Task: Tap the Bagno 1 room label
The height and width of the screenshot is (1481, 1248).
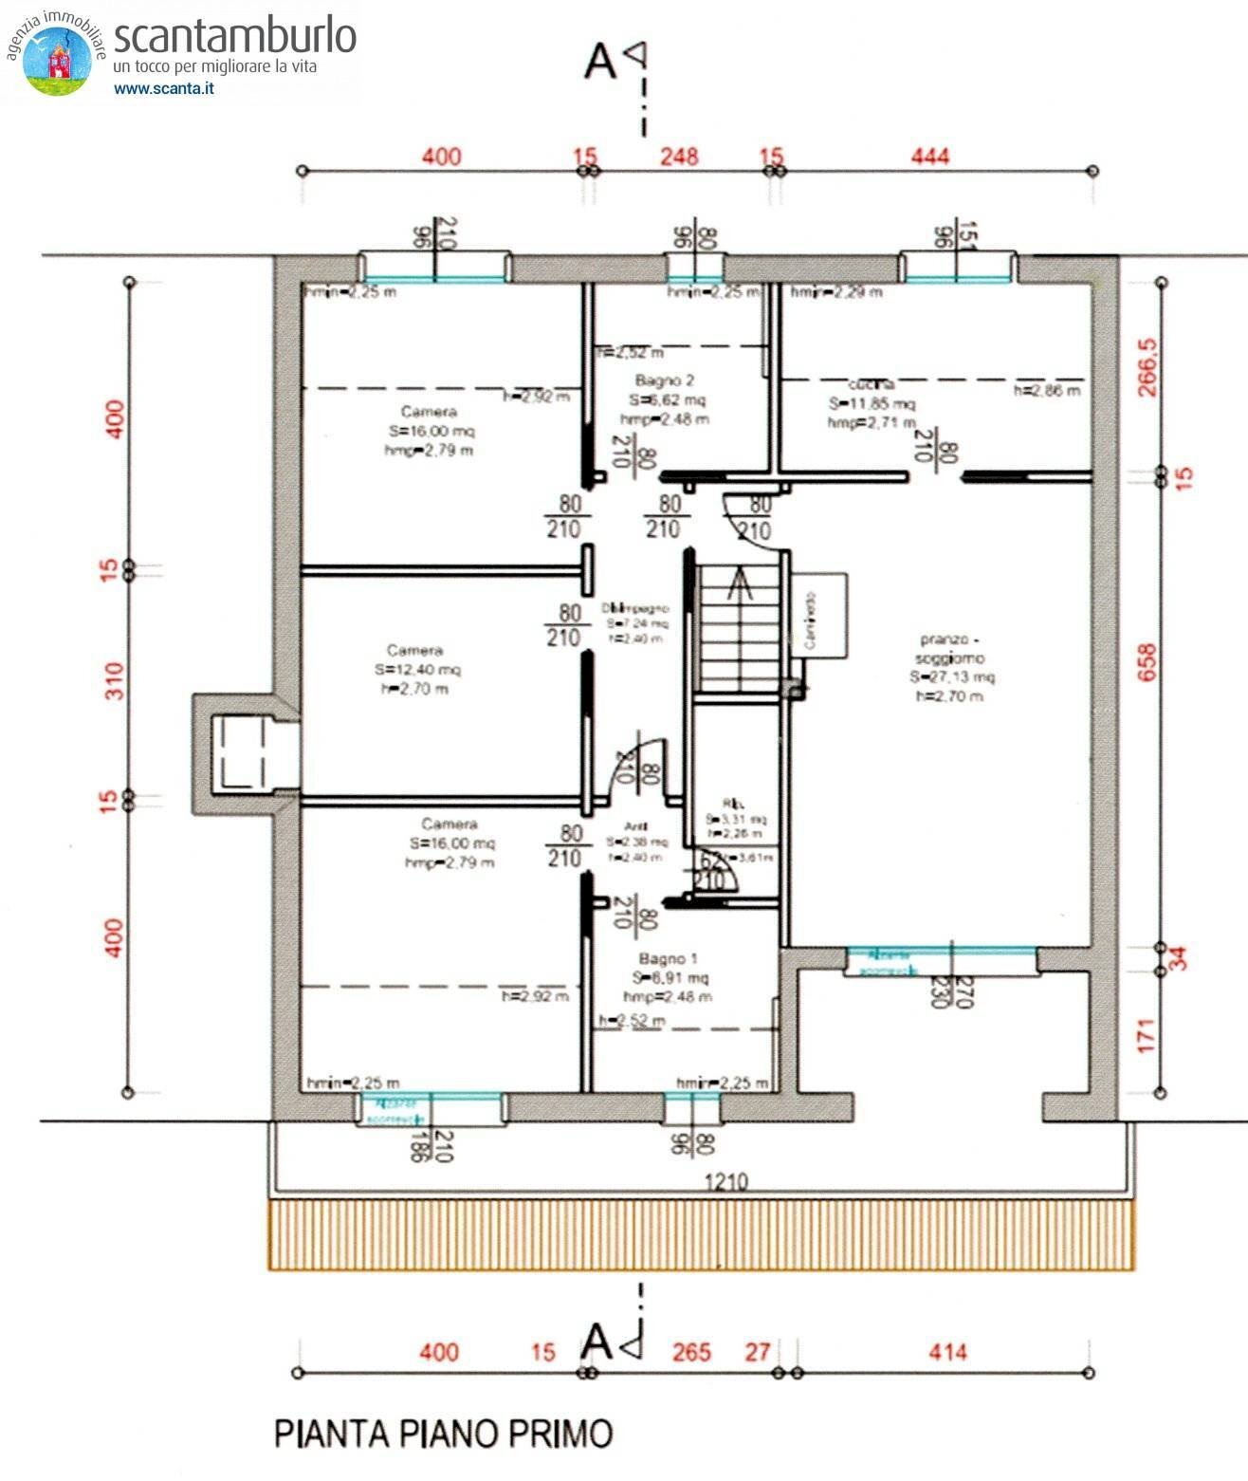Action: point(668,959)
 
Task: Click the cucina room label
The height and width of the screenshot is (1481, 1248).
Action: point(871,384)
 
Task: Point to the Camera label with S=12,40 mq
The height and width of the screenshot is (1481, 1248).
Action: point(415,651)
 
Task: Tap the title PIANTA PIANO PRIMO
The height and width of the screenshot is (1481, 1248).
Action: point(443,1433)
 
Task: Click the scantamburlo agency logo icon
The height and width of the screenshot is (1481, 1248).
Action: point(57,59)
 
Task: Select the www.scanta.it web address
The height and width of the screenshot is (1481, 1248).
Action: point(163,88)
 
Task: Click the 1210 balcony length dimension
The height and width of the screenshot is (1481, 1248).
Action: point(725,1182)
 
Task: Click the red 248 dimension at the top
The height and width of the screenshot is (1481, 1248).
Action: point(680,156)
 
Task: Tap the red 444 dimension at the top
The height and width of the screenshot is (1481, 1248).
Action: point(929,156)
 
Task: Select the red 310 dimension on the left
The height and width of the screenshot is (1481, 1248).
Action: point(114,681)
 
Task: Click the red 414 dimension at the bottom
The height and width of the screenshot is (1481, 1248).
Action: point(946,1352)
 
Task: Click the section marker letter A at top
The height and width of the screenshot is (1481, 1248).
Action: point(600,62)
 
